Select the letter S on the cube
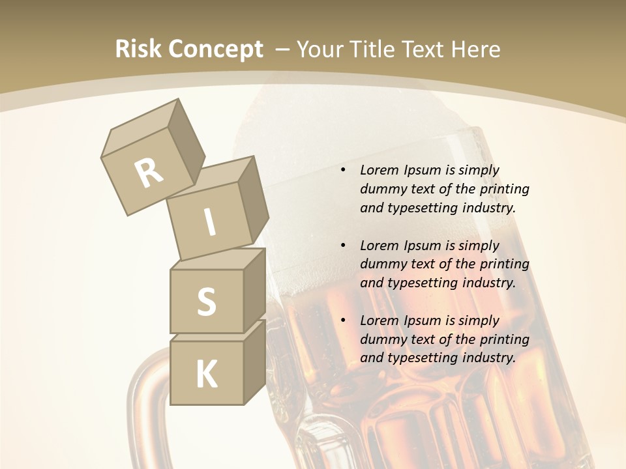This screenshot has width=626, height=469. tap(206, 302)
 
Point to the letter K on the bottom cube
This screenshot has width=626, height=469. tap(206, 375)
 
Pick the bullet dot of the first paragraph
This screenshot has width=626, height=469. tap(343, 170)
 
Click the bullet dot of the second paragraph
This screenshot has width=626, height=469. tap(343, 246)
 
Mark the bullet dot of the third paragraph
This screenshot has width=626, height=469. tap(343, 320)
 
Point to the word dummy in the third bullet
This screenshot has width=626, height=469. tap(383, 339)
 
